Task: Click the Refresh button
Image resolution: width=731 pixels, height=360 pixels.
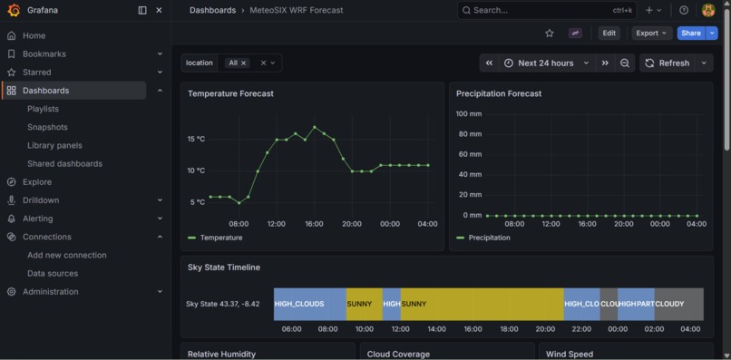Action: click(668, 63)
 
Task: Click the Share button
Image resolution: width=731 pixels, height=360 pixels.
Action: click(690, 34)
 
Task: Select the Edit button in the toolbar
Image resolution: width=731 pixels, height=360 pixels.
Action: click(609, 34)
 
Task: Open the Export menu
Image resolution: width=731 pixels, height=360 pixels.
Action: click(651, 34)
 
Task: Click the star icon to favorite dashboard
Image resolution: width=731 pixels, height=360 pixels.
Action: click(549, 34)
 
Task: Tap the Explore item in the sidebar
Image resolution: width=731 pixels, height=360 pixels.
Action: click(37, 182)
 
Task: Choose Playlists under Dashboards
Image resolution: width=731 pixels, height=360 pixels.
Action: click(43, 109)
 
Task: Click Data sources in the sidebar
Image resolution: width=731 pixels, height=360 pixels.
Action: click(53, 273)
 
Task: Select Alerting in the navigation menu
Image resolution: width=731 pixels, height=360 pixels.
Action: click(37, 219)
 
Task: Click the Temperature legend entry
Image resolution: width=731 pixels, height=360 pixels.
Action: click(220, 238)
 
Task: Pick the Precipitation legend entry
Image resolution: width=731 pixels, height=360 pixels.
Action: click(489, 238)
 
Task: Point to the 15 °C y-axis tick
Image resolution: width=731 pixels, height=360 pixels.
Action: click(196, 140)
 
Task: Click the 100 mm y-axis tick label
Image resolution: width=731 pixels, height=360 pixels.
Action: click(469, 114)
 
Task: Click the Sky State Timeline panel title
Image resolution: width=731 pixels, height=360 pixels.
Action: click(224, 268)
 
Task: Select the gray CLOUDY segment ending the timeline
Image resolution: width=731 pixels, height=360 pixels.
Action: click(678, 304)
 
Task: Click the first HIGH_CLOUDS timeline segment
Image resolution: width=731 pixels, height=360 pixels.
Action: click(308, 304)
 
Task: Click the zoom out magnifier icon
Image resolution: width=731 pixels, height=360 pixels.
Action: click(625, 63)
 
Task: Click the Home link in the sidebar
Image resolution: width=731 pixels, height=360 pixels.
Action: click(34, 35)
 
